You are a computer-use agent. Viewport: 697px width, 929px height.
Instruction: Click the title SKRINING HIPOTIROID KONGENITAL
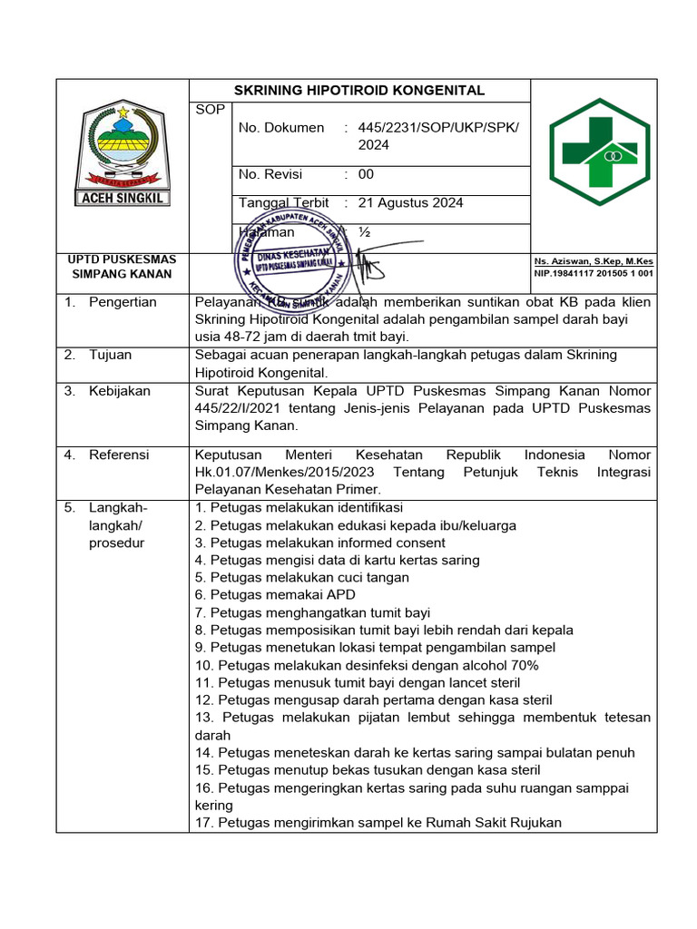pos(359,91)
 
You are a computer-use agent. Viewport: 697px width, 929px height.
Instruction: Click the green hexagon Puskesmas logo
pos(593,152)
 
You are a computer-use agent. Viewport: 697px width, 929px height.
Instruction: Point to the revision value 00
pos(366,174)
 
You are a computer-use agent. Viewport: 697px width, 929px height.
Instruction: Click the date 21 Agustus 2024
pos(410,202)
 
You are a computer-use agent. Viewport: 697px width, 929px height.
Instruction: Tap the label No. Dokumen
pos(280,128)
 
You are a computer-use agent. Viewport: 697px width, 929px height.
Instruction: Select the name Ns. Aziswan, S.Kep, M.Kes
pos(594,261)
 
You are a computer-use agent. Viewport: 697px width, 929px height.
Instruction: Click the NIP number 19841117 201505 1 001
pos(594,273)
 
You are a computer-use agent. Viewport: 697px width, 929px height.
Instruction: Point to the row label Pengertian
pos(123,302)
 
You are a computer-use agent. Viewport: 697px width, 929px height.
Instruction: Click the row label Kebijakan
pos(120,391)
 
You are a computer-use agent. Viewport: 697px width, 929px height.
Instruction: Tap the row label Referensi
pos(119,455)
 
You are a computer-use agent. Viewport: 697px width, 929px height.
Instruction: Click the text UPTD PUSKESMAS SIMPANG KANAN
pos(123,267)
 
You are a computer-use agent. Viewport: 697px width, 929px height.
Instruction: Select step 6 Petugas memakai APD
pos(269,595)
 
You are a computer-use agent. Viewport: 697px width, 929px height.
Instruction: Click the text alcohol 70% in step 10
pos(506,665)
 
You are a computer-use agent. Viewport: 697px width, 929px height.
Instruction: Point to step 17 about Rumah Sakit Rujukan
pos(378,823)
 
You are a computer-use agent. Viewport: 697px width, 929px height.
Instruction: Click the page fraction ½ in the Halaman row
pos(364,232)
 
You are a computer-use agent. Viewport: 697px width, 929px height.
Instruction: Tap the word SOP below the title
pos(207,110)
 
